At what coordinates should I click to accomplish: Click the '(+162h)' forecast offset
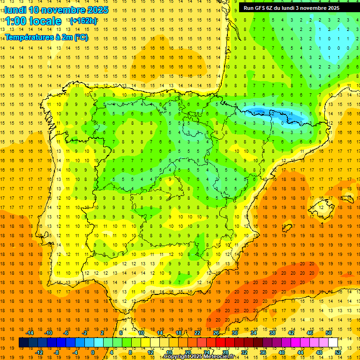tap(83, 21)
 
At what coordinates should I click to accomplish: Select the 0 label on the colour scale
tap(93, 352)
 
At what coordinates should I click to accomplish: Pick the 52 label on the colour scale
tap(338, 352)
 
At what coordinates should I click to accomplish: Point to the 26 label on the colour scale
tap(216, 333)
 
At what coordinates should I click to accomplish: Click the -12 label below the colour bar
tap(39, 352)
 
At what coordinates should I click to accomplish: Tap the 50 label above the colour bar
tap(329, 333)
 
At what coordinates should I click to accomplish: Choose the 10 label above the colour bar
tap(141, 333)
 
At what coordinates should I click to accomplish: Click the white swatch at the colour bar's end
tap(333, 342)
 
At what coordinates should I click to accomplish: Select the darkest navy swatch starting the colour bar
tap(23, 342)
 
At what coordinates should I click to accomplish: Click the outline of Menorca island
tap(347, 189)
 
